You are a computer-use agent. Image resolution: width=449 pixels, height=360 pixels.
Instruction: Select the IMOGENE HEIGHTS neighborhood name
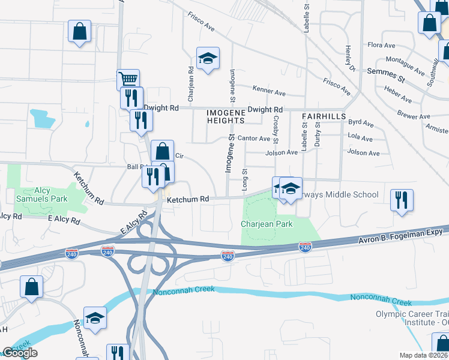tap(226, 116)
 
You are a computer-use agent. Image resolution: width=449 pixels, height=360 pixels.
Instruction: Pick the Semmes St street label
tap(382, 74)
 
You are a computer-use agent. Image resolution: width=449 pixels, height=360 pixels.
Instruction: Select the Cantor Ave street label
tap(254, 138)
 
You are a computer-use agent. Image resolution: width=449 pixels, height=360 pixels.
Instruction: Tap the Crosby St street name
tap(276, 130)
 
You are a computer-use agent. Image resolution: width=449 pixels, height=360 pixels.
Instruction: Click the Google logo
tap(20, 353)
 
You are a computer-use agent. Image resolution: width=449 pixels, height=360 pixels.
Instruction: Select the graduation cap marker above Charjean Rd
tap(208, 59)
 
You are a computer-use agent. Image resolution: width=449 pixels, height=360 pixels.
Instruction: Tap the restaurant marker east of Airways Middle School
tap(402, 200)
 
